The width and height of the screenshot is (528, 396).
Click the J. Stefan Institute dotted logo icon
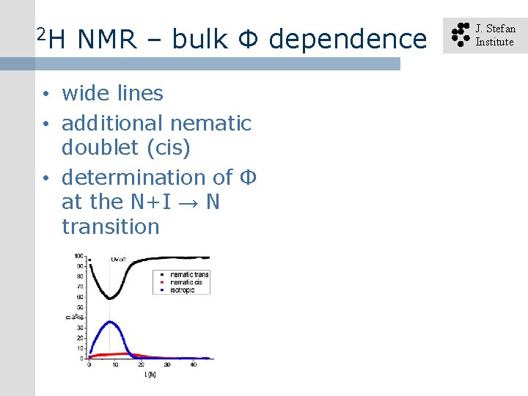click(x=460, y=34)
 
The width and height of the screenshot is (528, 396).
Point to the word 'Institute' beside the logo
click(x=494, y=42)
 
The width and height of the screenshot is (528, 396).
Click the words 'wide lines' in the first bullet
click(x=112, y=93)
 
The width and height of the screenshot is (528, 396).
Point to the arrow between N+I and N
click(x=186, y=202)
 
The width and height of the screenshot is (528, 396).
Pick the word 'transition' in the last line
click(x=110, y=227)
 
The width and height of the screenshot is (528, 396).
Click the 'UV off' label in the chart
click(x=118, y=259)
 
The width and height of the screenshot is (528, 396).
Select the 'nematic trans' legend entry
click(x=189, y=275)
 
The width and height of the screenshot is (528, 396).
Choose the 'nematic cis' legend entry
click(x=186, y=282)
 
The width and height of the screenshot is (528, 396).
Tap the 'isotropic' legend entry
click(x=183, y=290)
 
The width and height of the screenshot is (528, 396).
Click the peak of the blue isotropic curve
click(x=110, y=322)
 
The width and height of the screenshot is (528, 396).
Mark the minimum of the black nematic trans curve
click(x=109, y=298)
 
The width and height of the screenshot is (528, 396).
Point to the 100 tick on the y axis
click(x=78, y=256)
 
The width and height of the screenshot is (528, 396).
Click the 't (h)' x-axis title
click(x=150, y=375)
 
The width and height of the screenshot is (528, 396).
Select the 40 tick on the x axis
click(x=194, y=364)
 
